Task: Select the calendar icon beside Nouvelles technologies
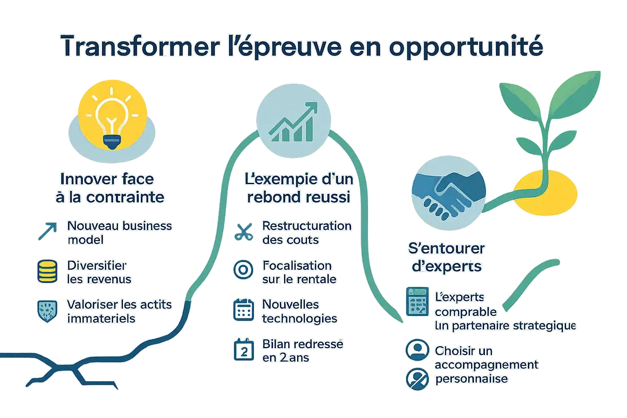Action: (244, 310)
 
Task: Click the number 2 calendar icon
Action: (244, 350)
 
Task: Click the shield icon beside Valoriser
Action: (47, 311)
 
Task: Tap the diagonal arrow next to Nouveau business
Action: (47, 231)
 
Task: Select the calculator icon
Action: (417, 301)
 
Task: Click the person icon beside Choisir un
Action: (417, 350)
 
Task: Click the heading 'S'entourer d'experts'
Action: (447, 257)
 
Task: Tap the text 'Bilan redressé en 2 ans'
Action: (302, 351)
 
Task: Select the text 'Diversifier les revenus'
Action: (99, 272)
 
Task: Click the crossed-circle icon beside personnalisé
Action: (417, 378)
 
